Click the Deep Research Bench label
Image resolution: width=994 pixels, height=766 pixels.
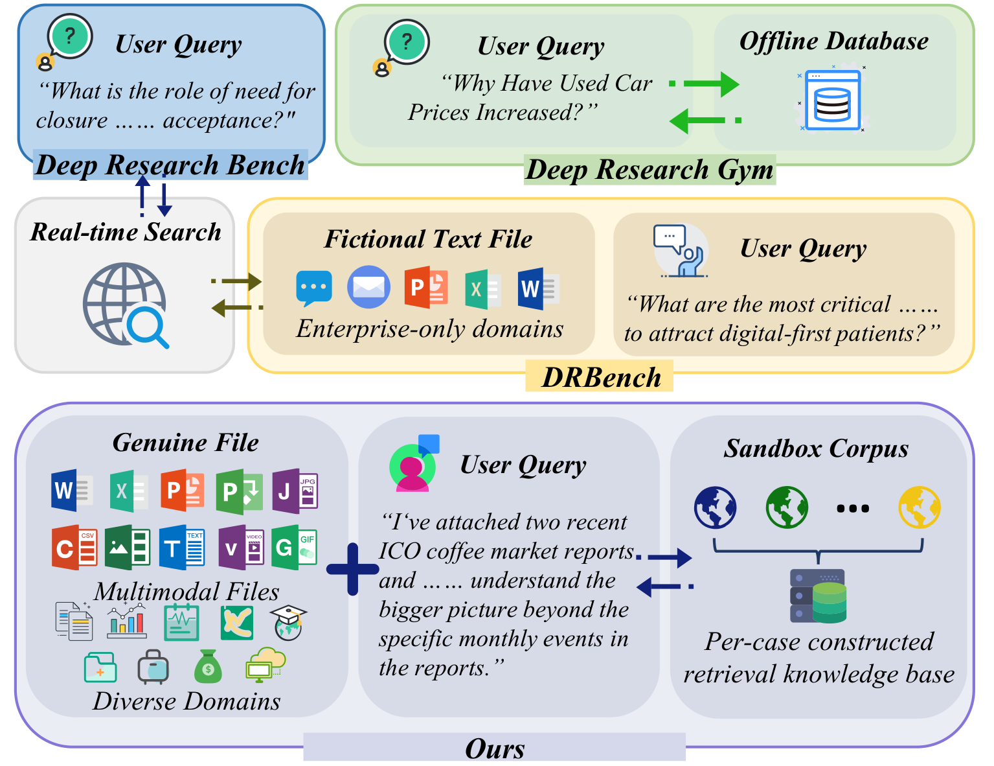click(170, 165)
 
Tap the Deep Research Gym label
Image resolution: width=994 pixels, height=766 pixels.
click(649, 170)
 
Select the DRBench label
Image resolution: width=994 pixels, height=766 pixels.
click(601, 378)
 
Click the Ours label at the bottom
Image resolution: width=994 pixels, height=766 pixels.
click(495, 749)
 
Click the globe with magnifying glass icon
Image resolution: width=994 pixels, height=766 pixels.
click(126, 305)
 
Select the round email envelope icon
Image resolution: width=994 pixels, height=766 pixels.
click(368, 287)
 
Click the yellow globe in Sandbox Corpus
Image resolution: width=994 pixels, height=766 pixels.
click(920, 507)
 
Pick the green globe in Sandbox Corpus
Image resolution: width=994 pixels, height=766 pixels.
click(787, 507)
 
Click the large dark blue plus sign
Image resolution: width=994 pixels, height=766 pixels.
click(353, 569)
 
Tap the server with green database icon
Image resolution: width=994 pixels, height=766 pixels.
click(819, 596)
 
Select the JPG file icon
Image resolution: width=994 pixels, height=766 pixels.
click(295, 491)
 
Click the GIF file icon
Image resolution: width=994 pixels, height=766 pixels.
click(294, 547)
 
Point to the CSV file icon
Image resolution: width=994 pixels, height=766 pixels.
click(74, 547)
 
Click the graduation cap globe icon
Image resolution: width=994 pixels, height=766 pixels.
click(288, 623)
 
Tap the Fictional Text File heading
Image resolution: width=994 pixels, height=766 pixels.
click(428, 239)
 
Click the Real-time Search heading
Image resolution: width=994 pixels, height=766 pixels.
click(126, 231)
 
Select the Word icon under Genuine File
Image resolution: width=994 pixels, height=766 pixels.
click(73, 491)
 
